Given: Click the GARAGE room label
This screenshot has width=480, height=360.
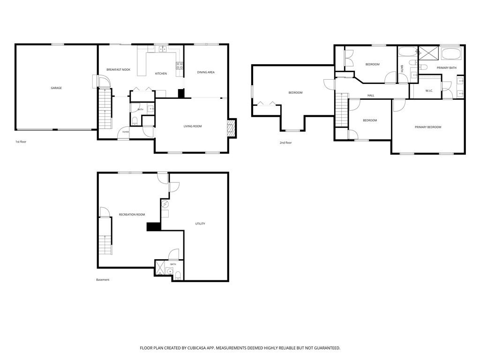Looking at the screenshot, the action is click(x=56, y=88).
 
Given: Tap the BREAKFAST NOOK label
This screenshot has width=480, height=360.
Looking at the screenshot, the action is click(x=118, y=70).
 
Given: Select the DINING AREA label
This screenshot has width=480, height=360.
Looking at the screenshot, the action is click(x=206, y=72).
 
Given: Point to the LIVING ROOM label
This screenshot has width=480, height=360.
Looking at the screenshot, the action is click(x=193, y=126).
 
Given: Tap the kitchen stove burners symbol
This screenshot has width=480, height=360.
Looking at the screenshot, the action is click(x=180, y=65).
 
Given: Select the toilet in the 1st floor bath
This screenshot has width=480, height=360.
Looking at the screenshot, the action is click(x=135, y=121).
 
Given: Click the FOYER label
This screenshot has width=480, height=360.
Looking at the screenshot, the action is click(x=126, y=132).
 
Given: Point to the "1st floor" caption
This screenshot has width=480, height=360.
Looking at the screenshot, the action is click(x=21, y=142).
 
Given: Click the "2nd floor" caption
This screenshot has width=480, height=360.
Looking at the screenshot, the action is click(x=285, y=142).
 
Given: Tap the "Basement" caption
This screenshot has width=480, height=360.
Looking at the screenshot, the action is click(x=103, y=279).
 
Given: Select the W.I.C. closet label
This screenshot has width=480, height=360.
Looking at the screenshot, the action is click(x=429, y=90).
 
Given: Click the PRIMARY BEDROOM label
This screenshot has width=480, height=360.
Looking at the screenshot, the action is click(x=428, y=127).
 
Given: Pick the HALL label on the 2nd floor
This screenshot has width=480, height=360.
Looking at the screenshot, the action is click(x=371, y=96).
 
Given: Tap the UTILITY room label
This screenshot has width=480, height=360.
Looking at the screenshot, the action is click(x=200, y=224).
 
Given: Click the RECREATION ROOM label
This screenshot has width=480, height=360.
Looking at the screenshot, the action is click(x=132, y=215).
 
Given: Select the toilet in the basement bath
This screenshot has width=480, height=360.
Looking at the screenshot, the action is click(x=178, y=276).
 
